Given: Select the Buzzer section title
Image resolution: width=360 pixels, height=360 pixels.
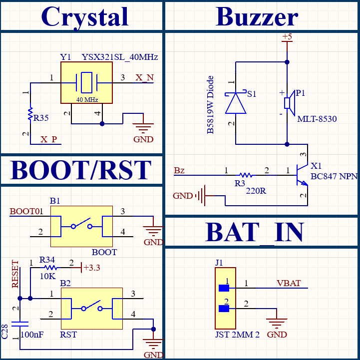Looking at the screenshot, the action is pos(257,16).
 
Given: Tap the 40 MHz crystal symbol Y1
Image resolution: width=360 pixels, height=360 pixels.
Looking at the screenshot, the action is pos(86,83).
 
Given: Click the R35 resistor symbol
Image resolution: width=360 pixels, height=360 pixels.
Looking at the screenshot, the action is pos(30,114).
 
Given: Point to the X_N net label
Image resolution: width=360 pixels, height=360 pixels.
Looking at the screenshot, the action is pos(144,77).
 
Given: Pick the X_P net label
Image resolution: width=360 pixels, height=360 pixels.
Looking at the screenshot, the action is pos(48,139).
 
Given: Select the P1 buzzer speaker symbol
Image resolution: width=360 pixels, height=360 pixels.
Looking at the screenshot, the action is pos(290,103).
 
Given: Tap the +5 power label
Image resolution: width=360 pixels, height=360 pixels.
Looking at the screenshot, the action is pos(287,36).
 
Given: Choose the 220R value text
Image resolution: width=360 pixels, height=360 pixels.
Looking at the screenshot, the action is pos(256,191).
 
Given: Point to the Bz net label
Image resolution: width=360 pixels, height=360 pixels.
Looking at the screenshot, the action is pos(179,170).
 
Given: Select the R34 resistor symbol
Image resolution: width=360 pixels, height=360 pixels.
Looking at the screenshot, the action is pos(51,268).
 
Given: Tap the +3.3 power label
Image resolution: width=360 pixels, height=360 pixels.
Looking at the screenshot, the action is pos(92,268).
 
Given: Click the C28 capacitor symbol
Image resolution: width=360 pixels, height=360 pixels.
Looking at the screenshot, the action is pos(20,324).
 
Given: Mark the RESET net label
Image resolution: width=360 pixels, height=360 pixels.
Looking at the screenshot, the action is pos(15,274).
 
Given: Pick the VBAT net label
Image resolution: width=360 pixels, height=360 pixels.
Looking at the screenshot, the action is pos(289,283).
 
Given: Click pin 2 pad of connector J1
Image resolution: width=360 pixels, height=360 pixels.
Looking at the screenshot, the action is pos(224,309).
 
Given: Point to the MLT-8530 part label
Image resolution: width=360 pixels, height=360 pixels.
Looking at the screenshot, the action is pos(317,119).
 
